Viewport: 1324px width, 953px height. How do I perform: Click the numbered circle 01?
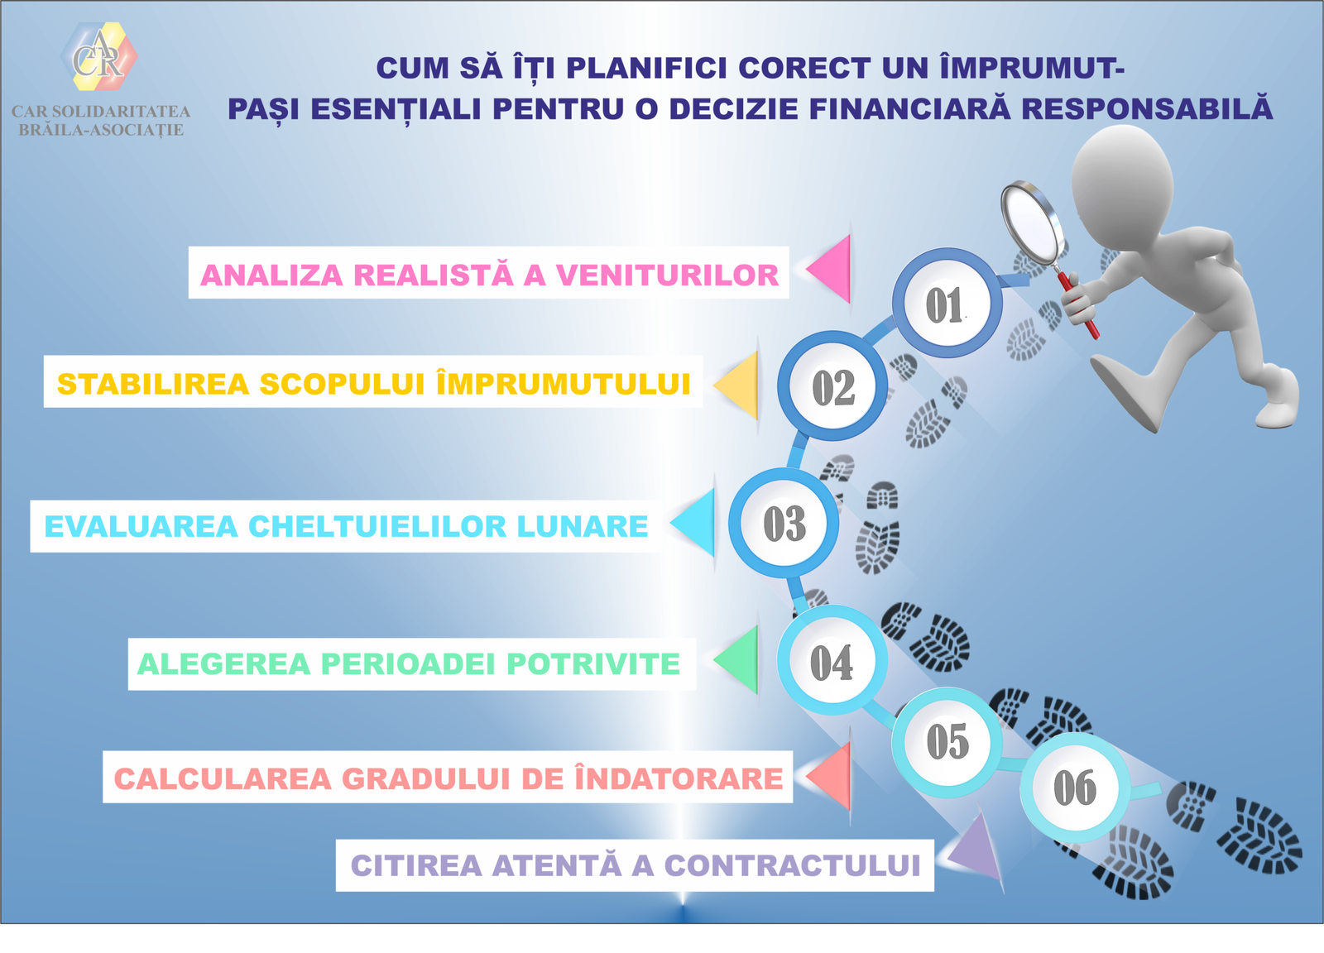click(947, 304)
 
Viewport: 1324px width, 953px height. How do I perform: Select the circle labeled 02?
click(832, 386)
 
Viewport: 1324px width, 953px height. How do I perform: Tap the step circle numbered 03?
click(784, 523)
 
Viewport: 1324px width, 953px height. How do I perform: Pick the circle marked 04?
click(832, 662)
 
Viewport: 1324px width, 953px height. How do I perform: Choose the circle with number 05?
click(947, 741)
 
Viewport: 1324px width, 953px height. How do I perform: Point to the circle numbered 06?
click(1074, 787)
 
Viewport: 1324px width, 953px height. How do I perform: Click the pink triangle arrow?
click(830, 268)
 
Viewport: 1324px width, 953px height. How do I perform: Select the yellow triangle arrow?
click(739, 384)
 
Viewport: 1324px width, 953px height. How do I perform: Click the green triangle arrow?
click(738, 659)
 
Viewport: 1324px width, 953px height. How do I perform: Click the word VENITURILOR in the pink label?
click(667, 275)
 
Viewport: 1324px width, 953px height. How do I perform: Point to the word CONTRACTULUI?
click(792, 865)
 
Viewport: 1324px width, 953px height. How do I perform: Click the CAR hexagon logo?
click(99, 56)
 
